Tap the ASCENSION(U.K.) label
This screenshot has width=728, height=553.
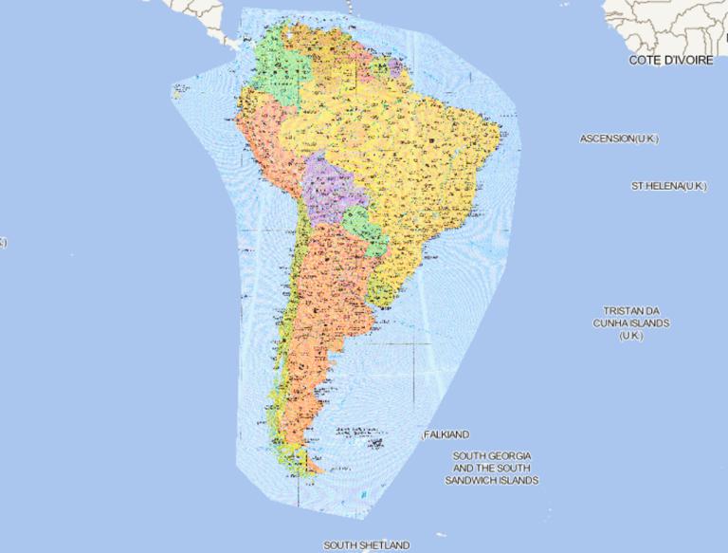point(619,138)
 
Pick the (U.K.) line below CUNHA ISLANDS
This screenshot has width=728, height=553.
point(631,336)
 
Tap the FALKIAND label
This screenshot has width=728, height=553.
point(446,434)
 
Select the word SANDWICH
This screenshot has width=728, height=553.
point(507,481)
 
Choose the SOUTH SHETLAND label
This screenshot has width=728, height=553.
point(366,545)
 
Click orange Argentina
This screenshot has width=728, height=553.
point(327,304)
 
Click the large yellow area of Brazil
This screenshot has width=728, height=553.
point(417,161)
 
